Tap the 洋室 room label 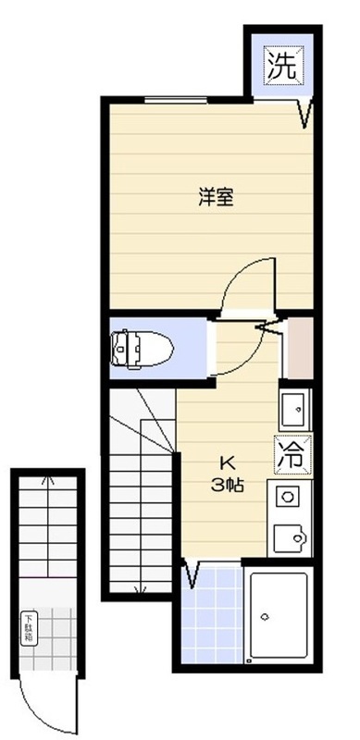click(215, 197)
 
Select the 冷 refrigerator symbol click(291, 454)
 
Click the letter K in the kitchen click(226, 463)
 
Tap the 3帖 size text click(226, 485)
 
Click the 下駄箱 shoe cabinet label click(29, 628)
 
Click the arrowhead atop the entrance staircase click(46, 481)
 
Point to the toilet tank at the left click(118, 347)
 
